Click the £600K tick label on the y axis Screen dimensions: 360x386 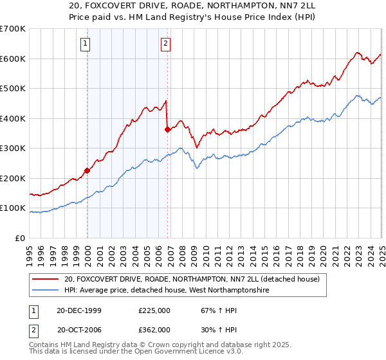[x=13, y=59]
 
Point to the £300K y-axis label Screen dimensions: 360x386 [x=13, y=148]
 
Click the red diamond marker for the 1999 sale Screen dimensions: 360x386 [x=87, y=171]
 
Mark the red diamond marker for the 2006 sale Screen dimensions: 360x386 [x=167, y=129]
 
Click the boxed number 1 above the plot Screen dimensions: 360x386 [x=86, y=44]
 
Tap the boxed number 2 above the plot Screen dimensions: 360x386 [x=165, y=44]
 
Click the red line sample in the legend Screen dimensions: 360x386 [x=45, y=279]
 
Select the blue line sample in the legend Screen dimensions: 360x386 [x=45, y=291]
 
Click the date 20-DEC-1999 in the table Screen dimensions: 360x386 [x=79, y=310]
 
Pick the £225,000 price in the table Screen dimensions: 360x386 [x=154, y=310]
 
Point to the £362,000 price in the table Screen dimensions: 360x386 [x=154, y=329]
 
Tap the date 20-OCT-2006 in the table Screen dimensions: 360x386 [x=79, y=329]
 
